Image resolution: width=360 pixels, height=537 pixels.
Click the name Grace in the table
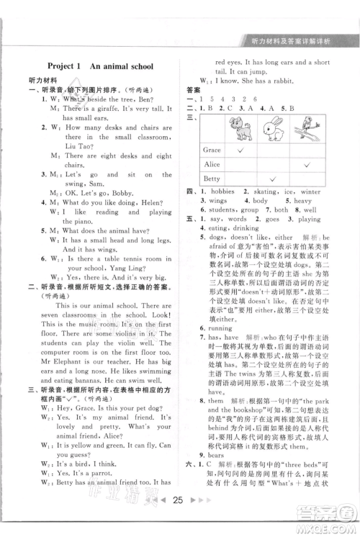coord(212,150)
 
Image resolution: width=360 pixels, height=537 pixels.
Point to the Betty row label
coord(212,179)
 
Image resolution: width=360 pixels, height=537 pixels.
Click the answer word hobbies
coord(220,192)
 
